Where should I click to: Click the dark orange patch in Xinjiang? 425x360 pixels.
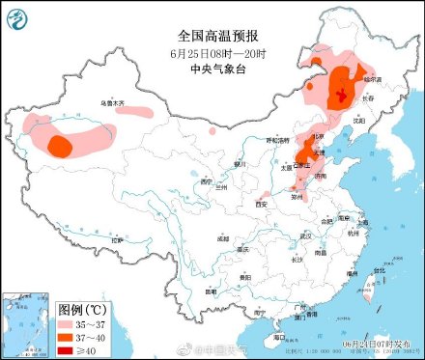click(x=59, y=146)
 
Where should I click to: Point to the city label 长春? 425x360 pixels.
click(x=368, y=97)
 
